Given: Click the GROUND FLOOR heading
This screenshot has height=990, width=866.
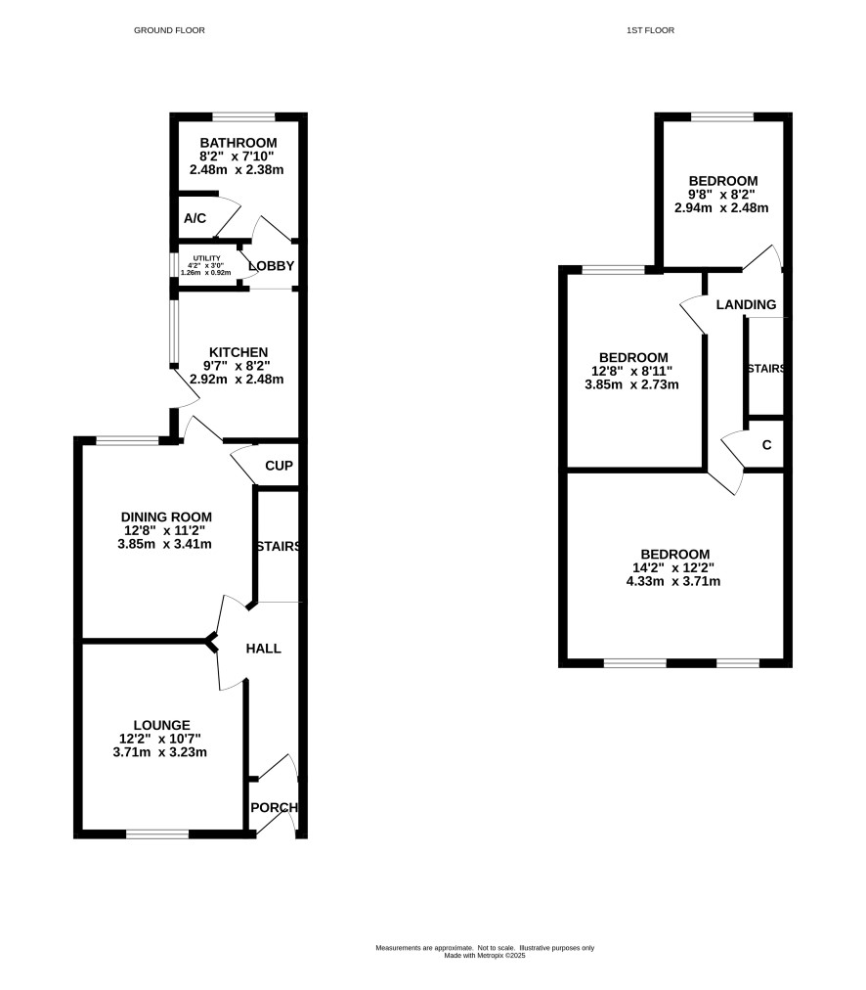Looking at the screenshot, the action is (169, 30).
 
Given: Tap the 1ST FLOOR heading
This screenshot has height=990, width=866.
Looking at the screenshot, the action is (650, 30).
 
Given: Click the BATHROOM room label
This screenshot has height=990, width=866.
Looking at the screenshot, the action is (238, 143).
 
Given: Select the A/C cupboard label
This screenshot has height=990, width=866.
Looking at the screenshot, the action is (195, 218).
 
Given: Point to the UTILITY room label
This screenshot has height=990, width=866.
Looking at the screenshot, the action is (207, 258).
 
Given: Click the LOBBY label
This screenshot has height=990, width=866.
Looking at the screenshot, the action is (272, 266).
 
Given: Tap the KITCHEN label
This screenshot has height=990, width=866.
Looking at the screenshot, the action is (238, 352).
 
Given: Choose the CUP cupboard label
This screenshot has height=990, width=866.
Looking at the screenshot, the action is (279, 466).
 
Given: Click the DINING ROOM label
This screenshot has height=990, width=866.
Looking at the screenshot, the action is (166, 517).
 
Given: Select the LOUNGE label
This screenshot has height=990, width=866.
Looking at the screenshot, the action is (161, 726).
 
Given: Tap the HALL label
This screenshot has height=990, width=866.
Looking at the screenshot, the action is (264, 649).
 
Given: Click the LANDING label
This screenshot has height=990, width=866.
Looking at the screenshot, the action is (746, 304).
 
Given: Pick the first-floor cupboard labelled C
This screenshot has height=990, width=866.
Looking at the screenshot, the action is (767, 445).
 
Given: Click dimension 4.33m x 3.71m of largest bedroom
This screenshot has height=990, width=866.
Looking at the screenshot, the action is (673, 581).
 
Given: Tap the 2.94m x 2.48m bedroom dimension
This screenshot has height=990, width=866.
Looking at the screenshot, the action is (721, 207).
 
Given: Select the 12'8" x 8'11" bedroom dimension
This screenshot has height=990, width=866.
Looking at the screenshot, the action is (632, 371).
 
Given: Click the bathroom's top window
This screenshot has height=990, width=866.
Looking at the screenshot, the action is (244, 116).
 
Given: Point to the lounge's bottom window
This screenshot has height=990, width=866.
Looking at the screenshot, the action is (157, 834).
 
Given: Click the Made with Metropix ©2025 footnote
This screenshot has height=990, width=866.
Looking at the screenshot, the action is (485, 956).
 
